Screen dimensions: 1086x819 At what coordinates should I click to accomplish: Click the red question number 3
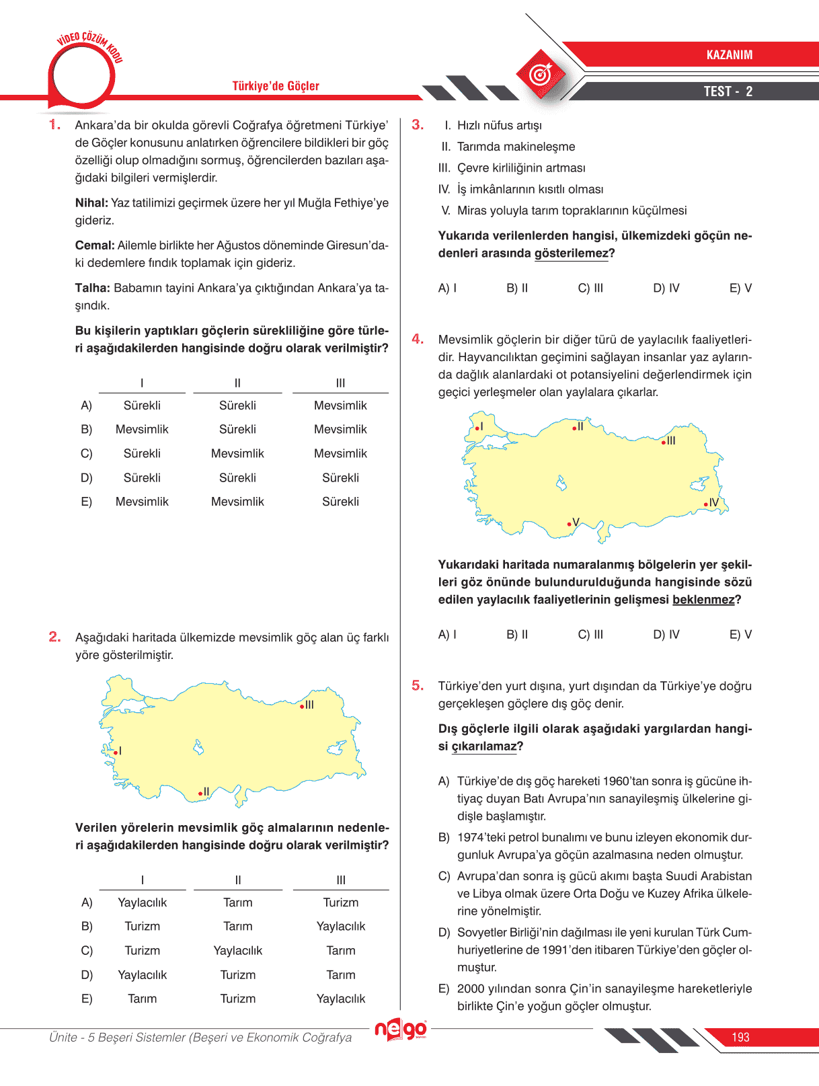[418, 124]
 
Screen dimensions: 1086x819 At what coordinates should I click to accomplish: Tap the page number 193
[740, 1037]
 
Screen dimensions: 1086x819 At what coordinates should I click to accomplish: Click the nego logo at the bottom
[401, 1029]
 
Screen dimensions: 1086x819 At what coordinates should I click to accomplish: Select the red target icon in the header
[540, 74]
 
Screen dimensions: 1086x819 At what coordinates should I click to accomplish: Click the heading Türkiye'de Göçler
[276, 86]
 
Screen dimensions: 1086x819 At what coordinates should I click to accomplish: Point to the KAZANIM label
[729, 55]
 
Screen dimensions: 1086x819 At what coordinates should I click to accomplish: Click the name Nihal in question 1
[91, 203]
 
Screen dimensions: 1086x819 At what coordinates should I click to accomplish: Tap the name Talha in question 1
[92, 288]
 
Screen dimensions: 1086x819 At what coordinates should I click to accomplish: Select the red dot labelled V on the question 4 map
[569, 524]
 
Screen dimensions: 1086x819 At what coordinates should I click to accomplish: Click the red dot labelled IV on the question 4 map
[706, 504]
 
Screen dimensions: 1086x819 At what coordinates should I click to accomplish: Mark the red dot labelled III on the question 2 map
[302, 706]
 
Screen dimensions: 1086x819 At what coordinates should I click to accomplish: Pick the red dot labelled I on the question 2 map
[115, 752]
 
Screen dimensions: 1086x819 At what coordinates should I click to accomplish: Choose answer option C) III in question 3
[590, 288]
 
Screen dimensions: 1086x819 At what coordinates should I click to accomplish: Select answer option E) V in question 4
[740, 634]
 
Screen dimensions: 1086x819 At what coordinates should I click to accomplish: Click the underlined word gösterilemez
[571, 254]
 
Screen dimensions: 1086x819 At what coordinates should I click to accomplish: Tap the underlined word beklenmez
[703, 600]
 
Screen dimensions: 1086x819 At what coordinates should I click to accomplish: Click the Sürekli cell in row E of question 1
[340, 502]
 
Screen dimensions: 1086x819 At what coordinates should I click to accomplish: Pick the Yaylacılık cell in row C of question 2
[237, 950]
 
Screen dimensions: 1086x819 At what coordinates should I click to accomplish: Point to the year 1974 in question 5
[471, 837]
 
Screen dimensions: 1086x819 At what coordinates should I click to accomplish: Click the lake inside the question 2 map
[198, 747]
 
